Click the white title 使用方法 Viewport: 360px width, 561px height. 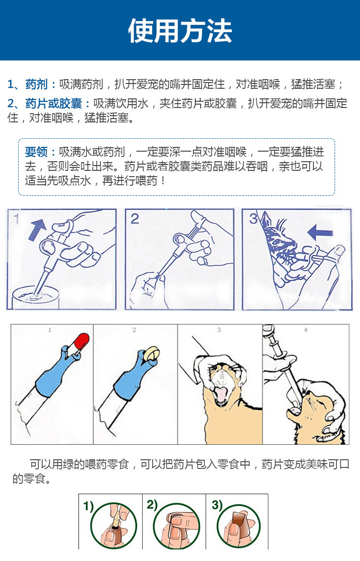click(180, 31)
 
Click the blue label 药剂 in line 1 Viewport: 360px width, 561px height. click(36, 84)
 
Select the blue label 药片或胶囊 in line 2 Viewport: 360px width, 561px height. click(54, 103)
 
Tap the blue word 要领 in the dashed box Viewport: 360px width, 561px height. click(36, 152)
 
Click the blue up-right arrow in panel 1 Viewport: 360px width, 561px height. click(37, 228)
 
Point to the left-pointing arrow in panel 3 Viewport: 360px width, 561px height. click(320, 232)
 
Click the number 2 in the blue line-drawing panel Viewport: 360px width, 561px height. click(134, 219)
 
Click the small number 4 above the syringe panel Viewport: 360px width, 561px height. click(306, 330)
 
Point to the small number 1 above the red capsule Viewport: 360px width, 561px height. click(50, 330)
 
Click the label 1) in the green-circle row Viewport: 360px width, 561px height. click(88, 506)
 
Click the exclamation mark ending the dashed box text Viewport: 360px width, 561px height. click(163, 180)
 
